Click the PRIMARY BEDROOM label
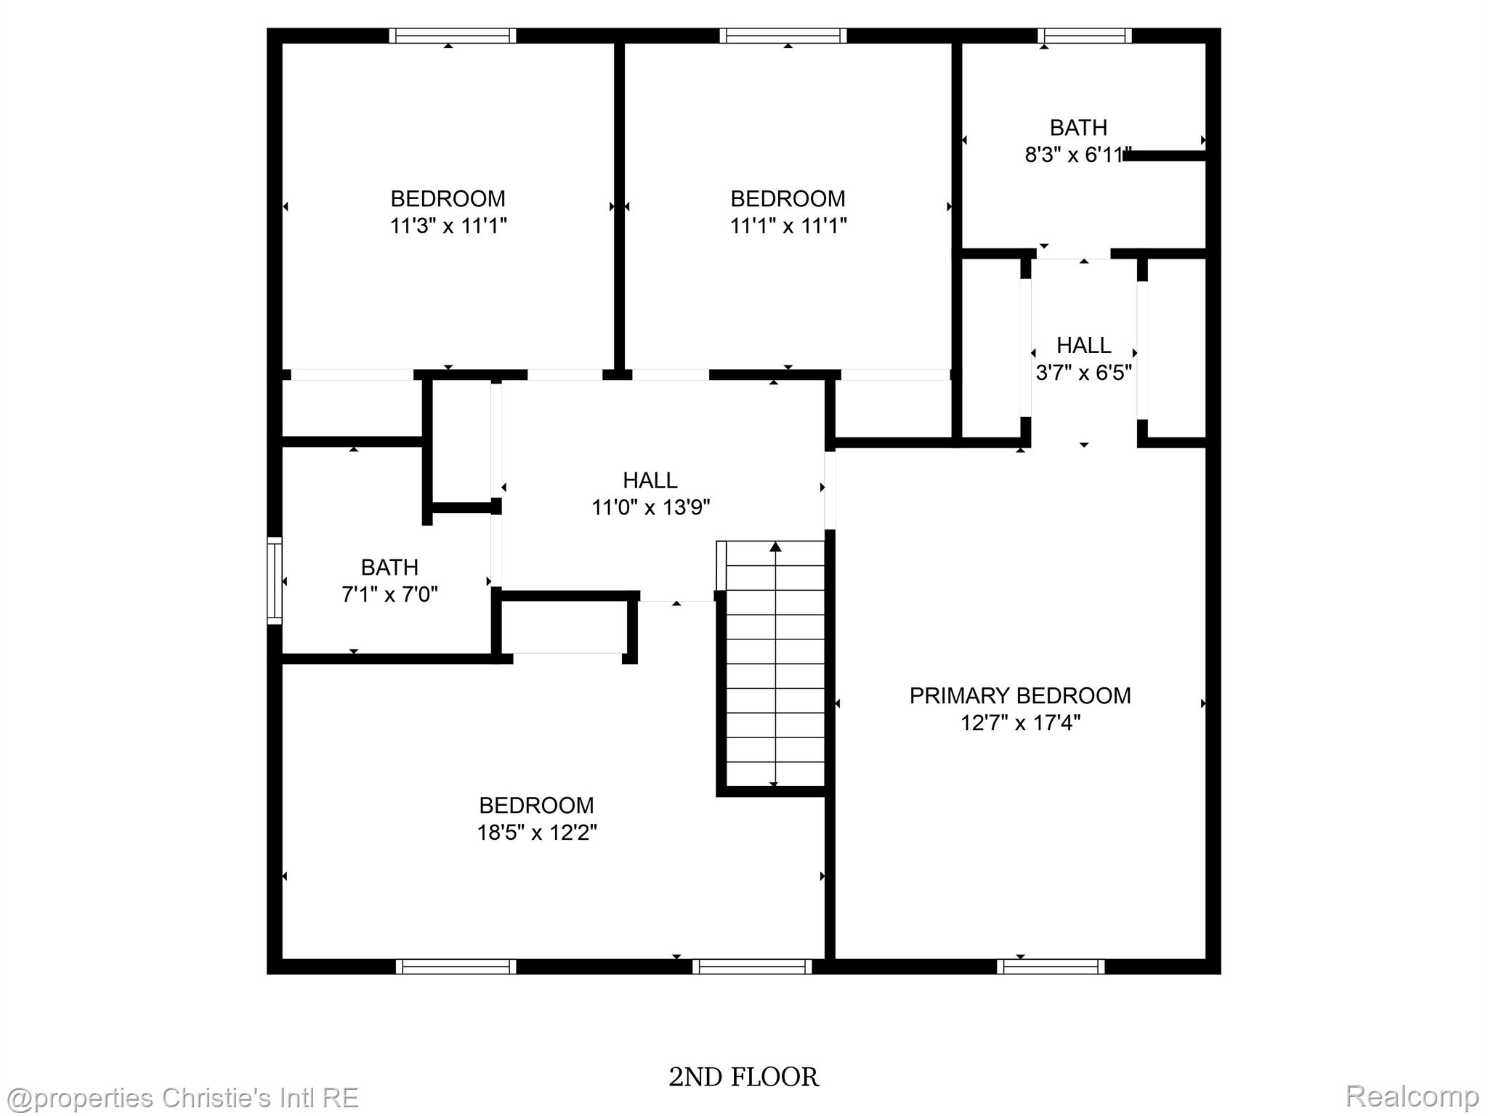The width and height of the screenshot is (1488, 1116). tap(1019, 695)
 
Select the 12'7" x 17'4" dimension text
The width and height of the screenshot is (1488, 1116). tap(1020, 723)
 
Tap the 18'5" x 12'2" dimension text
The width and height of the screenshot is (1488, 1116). tap(536, 833)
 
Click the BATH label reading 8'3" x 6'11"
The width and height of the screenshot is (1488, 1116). tap(1078, 128)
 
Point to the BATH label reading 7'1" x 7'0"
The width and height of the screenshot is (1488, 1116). tap(389, 567)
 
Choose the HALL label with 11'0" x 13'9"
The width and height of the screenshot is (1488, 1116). tap(650, 480)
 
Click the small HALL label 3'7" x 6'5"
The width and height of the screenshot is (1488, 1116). tap(1083, 345)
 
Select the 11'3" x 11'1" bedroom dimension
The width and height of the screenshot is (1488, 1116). tap(448, 226)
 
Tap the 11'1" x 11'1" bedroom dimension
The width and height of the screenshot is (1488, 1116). tap(788, 226)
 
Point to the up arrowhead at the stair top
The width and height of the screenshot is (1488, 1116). tap(775, 546)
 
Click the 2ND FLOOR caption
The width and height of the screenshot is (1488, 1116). tap(743, 1077)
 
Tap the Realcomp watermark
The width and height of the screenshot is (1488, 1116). tap(1412, 1095)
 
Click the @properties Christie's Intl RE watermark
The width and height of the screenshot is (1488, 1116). tap(181, 1098)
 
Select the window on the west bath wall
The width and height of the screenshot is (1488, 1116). tap(274, 581)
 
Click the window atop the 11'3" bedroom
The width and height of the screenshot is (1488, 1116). tap(452, 36)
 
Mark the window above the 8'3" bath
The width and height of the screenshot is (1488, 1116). tap(1084, 36)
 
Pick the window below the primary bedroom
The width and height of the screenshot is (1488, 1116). tap(1050, 966)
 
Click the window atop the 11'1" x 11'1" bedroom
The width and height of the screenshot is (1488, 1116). tap(783, 36)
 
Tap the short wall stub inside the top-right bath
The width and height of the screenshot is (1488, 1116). tap(1165, 155)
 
